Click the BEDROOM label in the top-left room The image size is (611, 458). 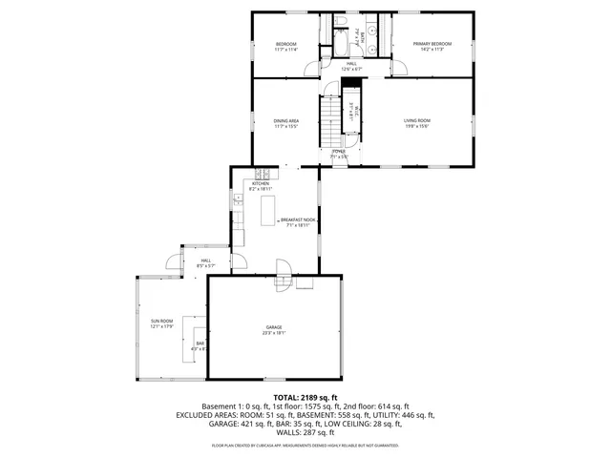[286, 44]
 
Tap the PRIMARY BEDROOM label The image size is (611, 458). [432, 44]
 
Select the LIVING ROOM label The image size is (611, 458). [417, 120]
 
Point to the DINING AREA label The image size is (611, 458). [286, 120]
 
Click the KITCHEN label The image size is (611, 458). [261, 183]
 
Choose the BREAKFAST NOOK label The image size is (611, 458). [298, 219]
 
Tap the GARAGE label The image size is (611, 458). [274, 327]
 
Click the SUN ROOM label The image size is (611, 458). [161, 321]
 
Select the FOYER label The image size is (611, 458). [339, 152]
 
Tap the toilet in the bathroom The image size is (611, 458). [341, 21]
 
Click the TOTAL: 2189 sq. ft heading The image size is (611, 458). [305, 397]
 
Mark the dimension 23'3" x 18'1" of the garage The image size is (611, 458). [274, 333]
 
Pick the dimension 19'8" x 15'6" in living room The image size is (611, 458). [417, 126]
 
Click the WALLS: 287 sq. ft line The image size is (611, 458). [305, 433]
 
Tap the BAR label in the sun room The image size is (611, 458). [200, 343]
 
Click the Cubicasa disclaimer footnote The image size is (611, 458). [305, 445]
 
